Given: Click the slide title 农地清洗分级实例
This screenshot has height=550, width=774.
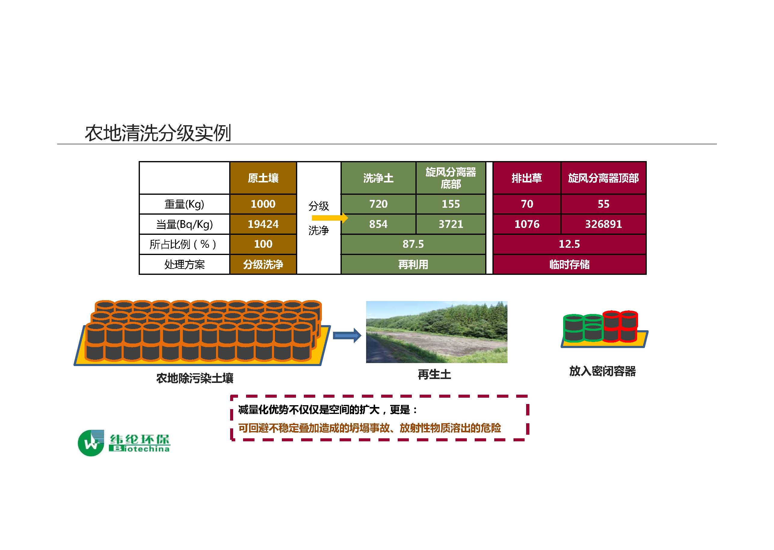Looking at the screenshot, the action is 158,133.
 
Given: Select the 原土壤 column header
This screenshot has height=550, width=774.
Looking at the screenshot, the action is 263,178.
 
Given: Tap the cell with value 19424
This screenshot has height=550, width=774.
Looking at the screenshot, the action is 263,224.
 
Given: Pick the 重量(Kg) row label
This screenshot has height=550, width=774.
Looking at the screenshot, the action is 184,204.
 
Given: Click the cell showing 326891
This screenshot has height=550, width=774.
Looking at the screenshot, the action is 603,224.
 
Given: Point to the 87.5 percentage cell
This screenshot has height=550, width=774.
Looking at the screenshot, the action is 413,244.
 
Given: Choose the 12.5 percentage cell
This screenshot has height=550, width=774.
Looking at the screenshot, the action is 569,244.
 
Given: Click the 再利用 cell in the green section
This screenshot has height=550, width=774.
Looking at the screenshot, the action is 413,264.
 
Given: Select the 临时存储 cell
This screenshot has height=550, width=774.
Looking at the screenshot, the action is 569,264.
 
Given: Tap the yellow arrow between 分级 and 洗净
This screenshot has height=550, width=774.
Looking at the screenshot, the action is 330,218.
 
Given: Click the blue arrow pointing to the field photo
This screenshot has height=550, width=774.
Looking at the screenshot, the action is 347,335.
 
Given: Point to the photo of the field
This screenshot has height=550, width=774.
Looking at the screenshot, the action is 436,332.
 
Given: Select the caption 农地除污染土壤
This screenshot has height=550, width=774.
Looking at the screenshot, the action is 195,378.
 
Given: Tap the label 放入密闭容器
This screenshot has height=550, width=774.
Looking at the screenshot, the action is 603,371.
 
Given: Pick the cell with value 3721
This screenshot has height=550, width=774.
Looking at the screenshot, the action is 451,224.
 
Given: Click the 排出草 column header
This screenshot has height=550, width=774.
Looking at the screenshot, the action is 527,178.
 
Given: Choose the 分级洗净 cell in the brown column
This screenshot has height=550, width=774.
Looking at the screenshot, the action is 263,264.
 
